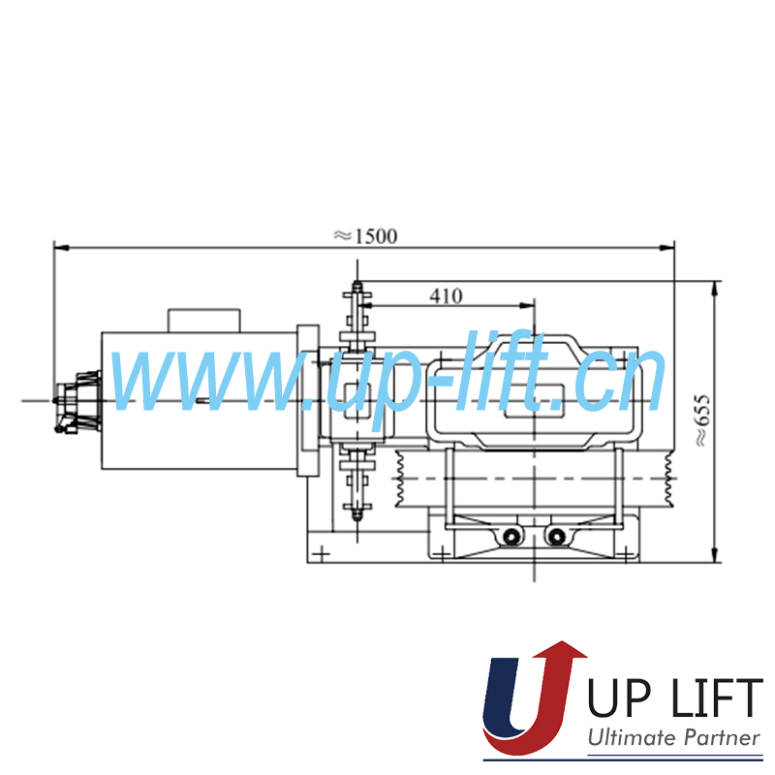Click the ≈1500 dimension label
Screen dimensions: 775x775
pos(365,236)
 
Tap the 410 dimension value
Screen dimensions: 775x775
pos(446,296)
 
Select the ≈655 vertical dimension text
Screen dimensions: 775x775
pos(702,420)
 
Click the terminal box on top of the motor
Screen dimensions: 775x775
pos(204,321)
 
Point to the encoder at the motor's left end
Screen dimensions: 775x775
pos(77,402)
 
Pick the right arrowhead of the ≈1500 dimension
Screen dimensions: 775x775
pos(667,247)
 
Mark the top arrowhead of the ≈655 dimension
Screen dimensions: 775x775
pos(714,289)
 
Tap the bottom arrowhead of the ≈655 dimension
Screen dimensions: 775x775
pos(714,554)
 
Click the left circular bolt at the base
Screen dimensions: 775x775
pos(511,536)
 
